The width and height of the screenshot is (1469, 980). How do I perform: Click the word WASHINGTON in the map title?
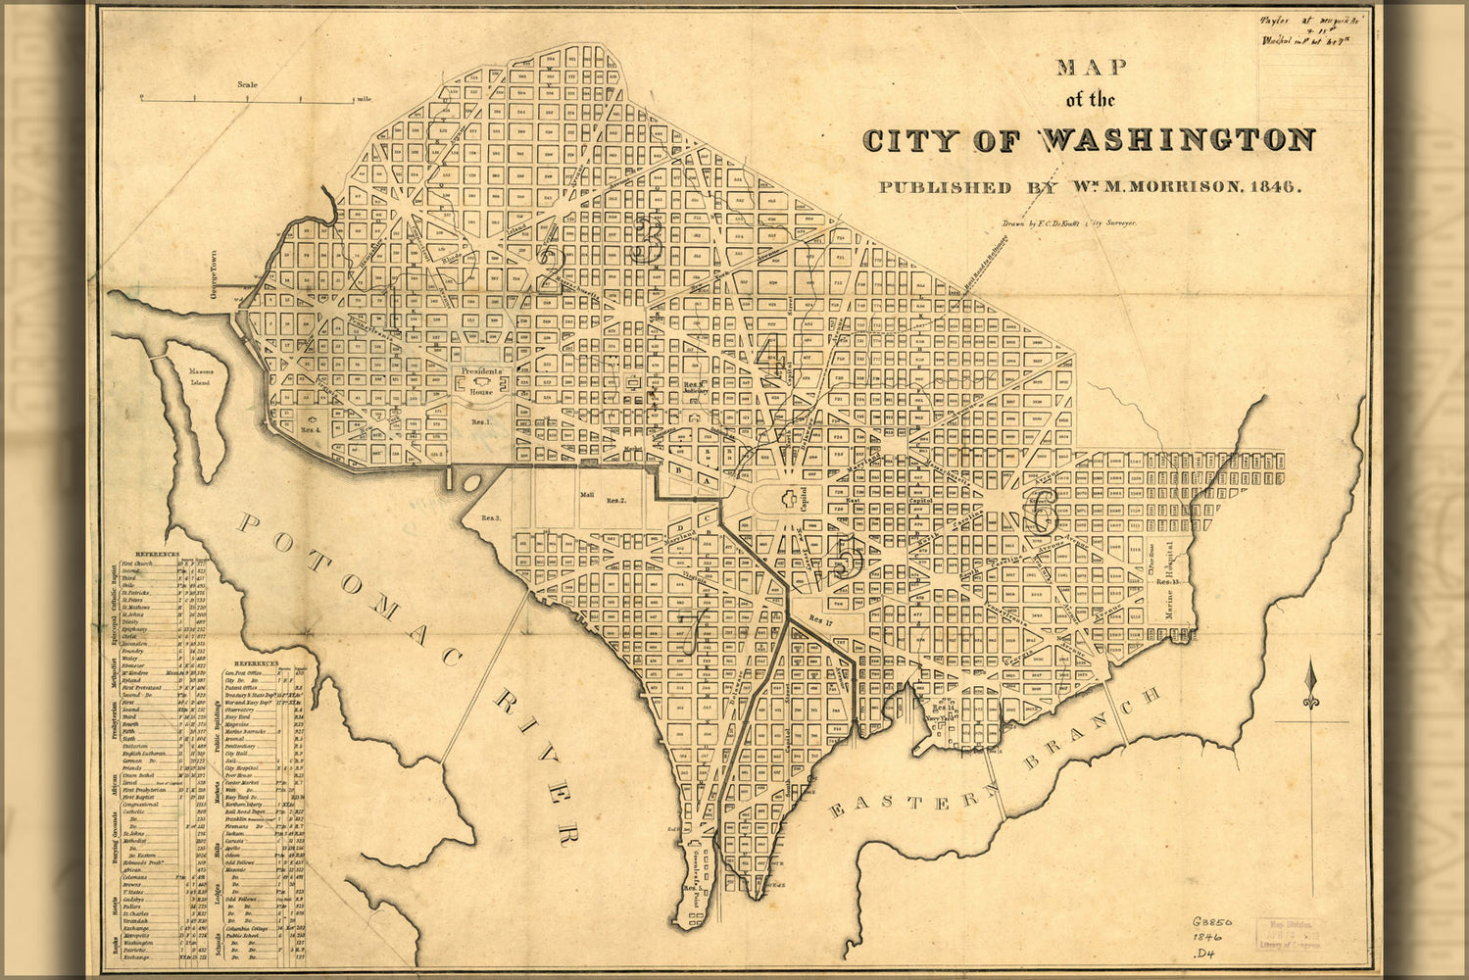1176,140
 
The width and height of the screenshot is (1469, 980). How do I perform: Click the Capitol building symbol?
788,499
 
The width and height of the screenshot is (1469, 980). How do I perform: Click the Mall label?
587,495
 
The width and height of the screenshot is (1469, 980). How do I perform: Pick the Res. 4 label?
313,428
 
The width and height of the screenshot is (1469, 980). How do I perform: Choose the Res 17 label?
820,619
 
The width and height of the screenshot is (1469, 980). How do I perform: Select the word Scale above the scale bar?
247,85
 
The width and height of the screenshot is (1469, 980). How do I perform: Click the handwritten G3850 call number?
1212,922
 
